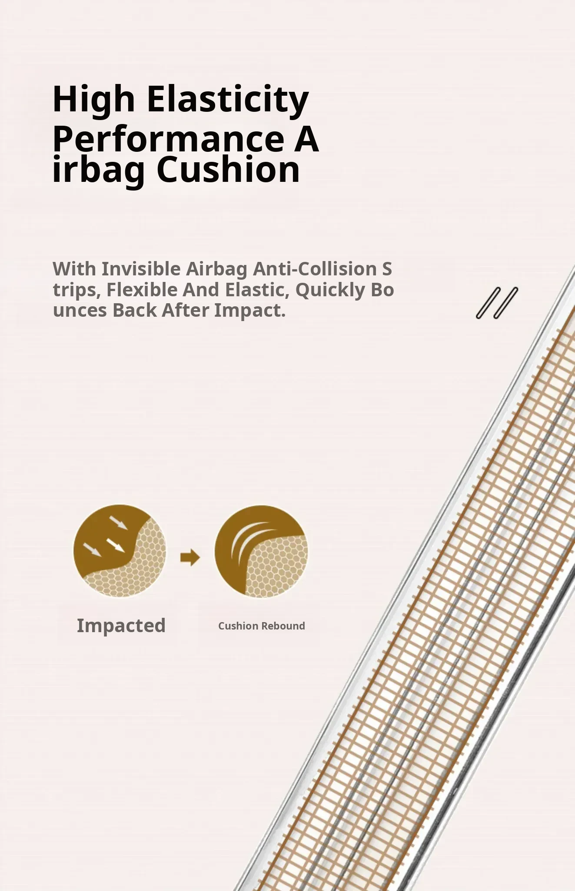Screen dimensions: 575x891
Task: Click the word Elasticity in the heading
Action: [x=228, y=100]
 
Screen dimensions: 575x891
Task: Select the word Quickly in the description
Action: [x=330, y=290]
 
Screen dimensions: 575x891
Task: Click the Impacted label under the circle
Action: [x=121, y=626]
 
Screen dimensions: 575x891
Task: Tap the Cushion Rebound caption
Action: [x=262, y=626]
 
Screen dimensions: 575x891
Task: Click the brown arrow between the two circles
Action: [x=190, y=557]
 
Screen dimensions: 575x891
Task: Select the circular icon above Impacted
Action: [x=120, y=551]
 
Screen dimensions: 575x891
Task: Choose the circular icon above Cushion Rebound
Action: [x=261, y=551]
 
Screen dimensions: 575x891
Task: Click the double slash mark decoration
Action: [x=497, y=303]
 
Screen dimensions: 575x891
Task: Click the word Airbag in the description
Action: [x=217, y=269]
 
